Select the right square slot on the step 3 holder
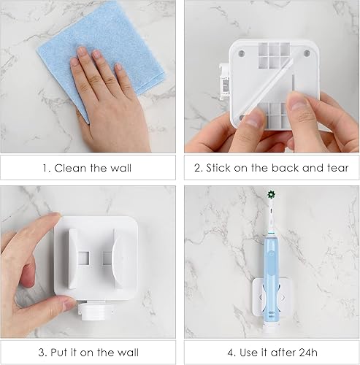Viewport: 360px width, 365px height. tap(108, 258)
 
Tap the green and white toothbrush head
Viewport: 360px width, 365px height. tap(271, 196)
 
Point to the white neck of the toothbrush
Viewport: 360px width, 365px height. tap(271, 219)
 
